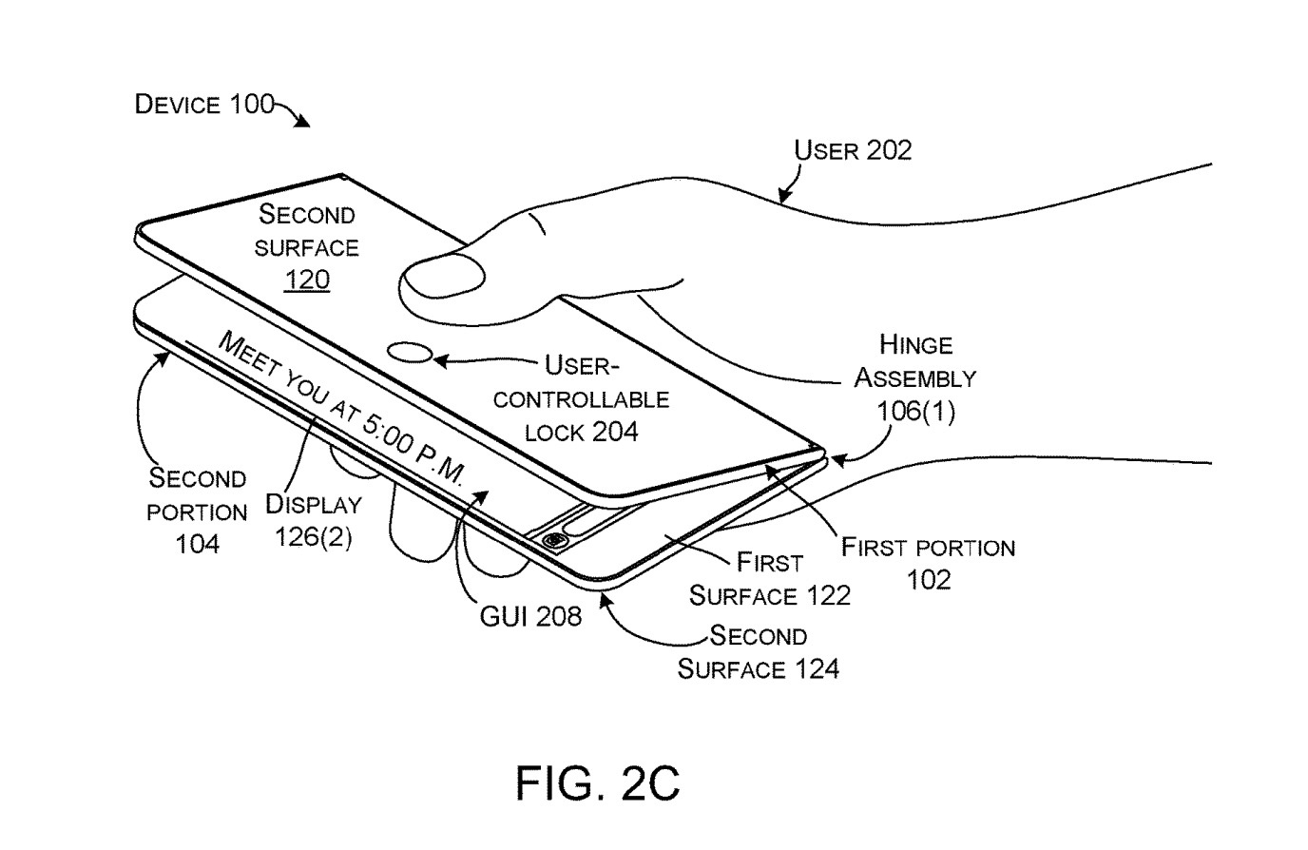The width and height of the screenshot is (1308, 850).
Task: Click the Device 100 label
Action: [204, 104]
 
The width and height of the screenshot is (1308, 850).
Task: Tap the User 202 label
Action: [853, 150]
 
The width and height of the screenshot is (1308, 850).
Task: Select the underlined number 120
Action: [307, 280]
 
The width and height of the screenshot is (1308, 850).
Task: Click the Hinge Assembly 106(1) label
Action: [915, 377]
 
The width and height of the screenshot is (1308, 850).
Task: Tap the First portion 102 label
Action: [928, 563]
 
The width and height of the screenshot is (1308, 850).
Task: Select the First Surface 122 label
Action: [769, 579]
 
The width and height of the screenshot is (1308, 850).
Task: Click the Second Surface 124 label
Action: [759, 651]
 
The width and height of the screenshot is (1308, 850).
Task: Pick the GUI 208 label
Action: [530, 616]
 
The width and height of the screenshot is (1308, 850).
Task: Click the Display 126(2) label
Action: [313, 520]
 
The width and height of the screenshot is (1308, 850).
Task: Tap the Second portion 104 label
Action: [197, 511]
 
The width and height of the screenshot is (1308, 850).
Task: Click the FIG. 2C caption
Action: [599, 782]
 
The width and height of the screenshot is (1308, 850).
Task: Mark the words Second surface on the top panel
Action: [306, 230]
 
